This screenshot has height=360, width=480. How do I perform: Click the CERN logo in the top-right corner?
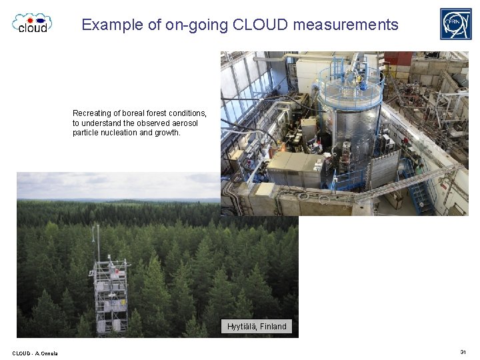455,24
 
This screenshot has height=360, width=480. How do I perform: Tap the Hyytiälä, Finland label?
257,327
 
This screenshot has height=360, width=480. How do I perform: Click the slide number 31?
463,352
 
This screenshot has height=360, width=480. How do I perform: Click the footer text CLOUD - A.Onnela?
35,353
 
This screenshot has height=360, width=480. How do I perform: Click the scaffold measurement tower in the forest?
110,293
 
